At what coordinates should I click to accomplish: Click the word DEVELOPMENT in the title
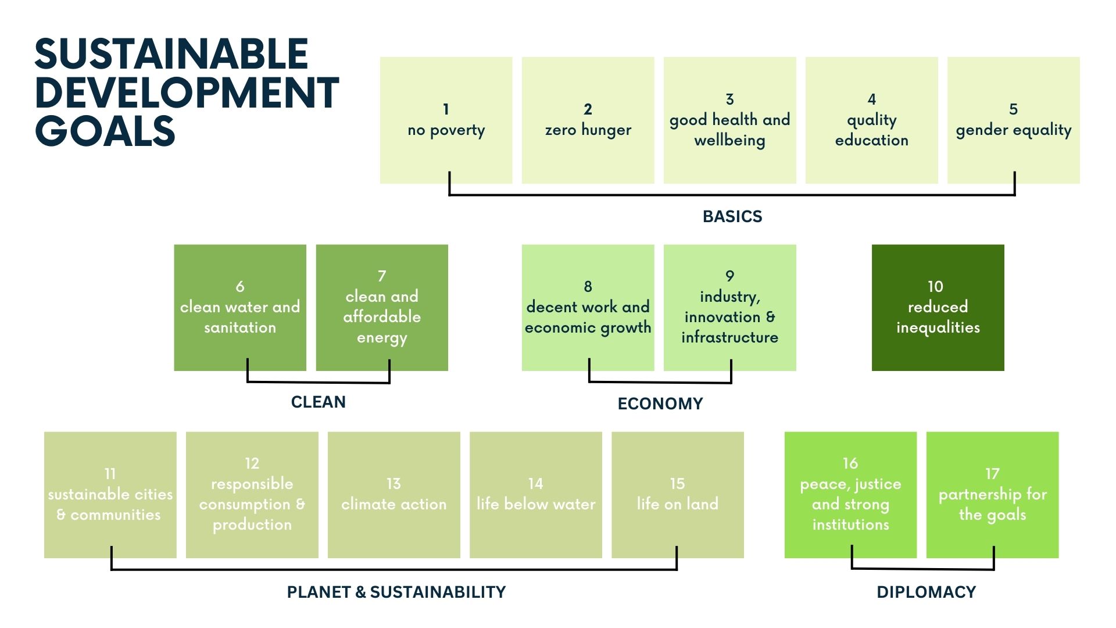[187, 92]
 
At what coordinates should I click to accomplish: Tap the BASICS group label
[732, 216]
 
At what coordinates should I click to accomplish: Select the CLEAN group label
[319, 402]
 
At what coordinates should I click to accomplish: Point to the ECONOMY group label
[660, 404]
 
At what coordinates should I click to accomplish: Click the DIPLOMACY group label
[927, 592]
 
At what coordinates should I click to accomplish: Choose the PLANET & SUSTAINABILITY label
[396, 592]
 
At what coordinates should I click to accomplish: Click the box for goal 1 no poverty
[446, 120]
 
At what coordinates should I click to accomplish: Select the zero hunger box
[588, 120]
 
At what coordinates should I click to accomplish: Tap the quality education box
[872, 120]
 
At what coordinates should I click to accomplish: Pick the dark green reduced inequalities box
[938, 308]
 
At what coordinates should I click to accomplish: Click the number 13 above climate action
[394, 484]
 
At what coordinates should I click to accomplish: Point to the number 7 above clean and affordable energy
[382, 276]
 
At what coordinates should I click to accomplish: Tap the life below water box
[536, 495]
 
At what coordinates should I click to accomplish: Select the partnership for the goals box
[993, 495]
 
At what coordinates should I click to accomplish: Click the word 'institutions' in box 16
[851, 524]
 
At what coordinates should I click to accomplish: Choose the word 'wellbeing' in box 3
[730, 141]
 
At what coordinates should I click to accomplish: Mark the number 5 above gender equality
[1014, 109]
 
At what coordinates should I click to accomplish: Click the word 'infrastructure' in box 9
[730, 337]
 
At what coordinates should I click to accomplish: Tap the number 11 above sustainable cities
[110, 474]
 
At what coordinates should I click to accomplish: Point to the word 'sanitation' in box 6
[240, 327]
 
